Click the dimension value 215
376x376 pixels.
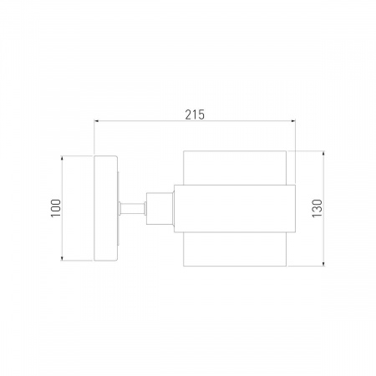pyautogui.click(x=195, y=114)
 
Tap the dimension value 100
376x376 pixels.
pyautogui.click(x=56, y=208)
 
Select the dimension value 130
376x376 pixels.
pyautogui.click(x=317, y=208)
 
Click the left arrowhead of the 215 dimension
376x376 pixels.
pyautogui.click(x=97, y=121)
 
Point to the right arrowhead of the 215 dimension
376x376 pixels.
pyautogui.click(x=292, y=121)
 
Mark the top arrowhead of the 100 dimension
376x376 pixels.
pyautogui.click(x=62, y=159)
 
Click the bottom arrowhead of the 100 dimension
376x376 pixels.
pyautogui.click(x=62, y=258)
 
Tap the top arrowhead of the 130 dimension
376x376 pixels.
pyautogui.click(x=323, y=154)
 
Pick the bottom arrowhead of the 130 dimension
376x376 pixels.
pyautogui.click(x=323, y=263)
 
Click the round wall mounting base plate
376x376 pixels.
pyautogui.click(x=105, y=208)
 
